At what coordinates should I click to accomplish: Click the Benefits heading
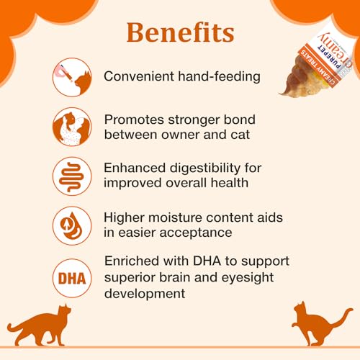tap(180, 33)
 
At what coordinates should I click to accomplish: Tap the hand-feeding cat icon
tap(71, 76)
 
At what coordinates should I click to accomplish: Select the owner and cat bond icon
tap(71, 127)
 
